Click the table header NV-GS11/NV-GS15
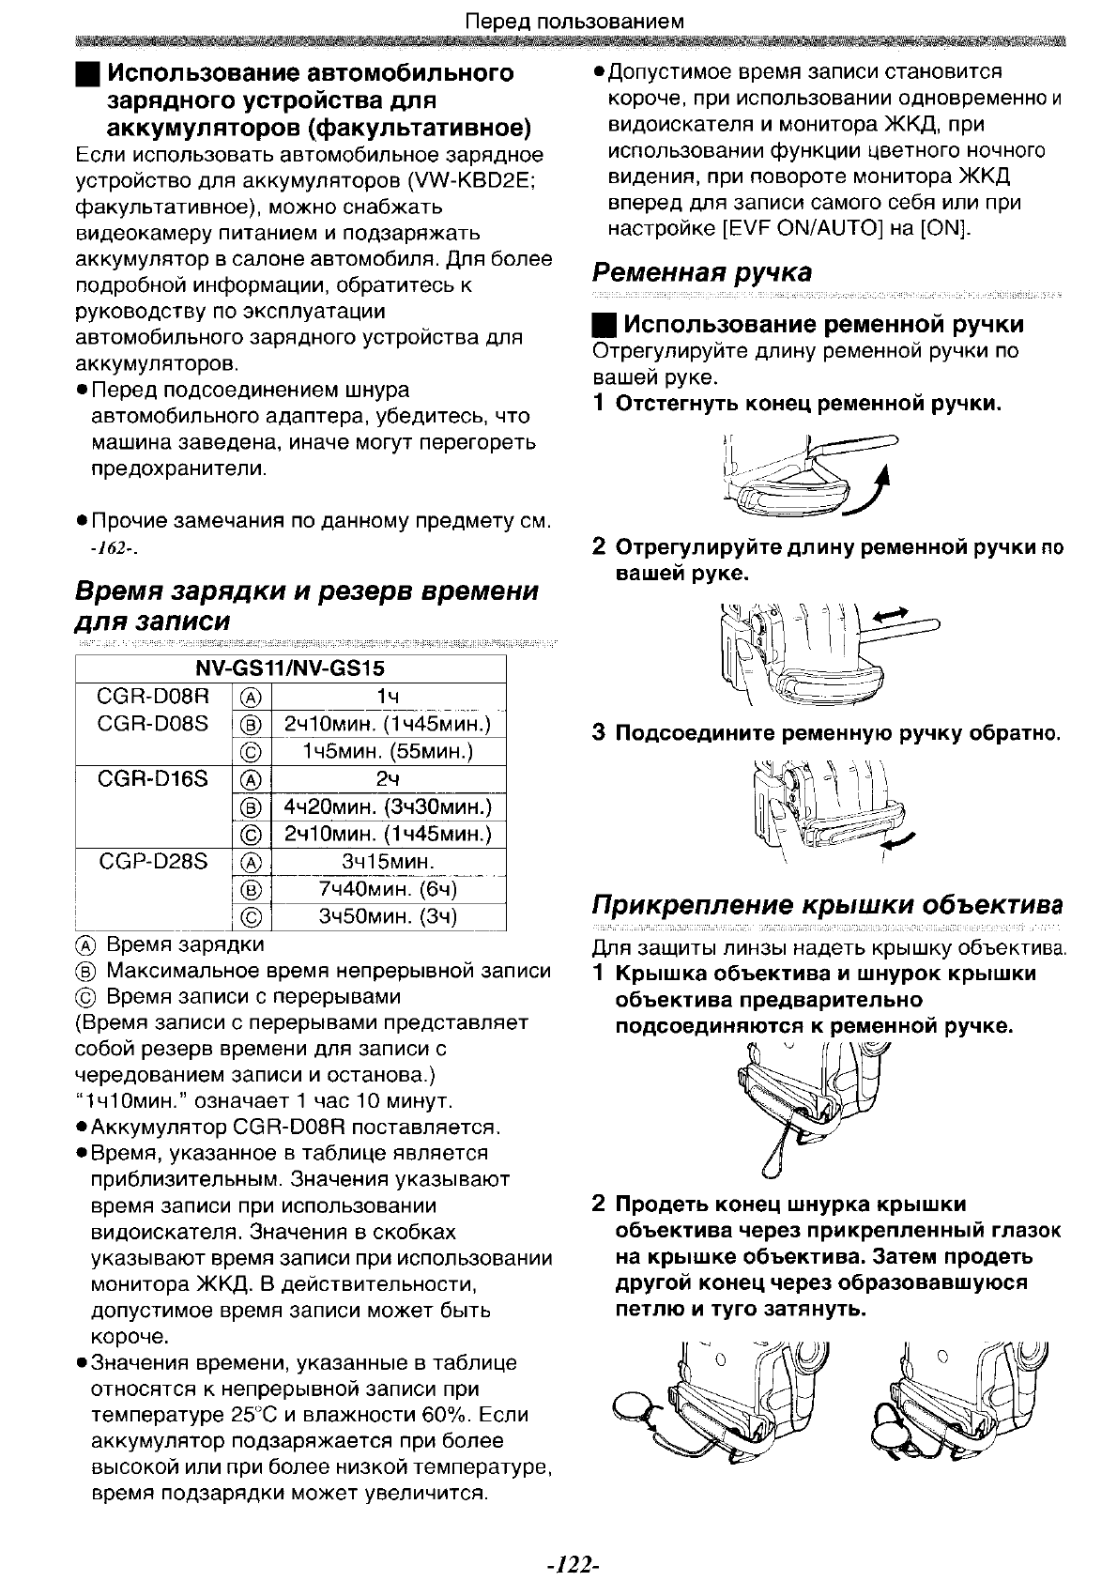[290, 669]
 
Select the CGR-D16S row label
[152, 779]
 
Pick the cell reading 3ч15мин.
[388, 862]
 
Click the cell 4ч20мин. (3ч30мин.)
[388, 807]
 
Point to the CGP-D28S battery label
[152, 862]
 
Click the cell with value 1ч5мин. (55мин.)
[388, 752]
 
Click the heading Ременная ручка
[701, 273]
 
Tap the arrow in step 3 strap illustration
[900, 842]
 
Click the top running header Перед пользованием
[575, 20]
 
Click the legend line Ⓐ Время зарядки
[172, 944]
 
